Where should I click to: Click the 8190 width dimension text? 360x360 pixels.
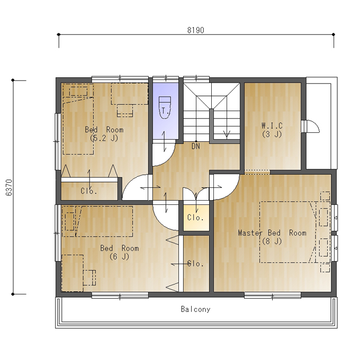pos(195,30)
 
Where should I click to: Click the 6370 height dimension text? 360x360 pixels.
pos(9,187)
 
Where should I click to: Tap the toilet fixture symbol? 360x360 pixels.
pos(165,107)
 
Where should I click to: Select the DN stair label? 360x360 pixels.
pos(195,146)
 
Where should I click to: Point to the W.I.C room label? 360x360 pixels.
pos(272,126)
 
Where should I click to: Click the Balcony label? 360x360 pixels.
pos(195,309)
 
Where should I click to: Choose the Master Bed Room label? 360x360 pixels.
pos(272,233)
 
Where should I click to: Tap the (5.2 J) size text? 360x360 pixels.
pos(104,138)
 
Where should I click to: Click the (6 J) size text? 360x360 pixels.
pos(120,256)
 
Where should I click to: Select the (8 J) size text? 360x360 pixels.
pos(272,241)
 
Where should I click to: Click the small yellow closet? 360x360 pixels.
pos(196,218)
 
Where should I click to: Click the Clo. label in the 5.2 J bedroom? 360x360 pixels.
pos(89,191)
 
